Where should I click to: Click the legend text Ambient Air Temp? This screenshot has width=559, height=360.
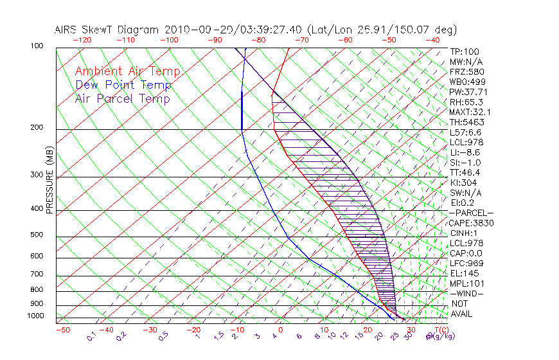click(127, 71)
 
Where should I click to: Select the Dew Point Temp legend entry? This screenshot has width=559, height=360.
click(123, 85)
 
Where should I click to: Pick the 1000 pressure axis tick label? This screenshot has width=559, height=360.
click(36, 316)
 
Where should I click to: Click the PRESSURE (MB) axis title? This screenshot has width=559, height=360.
click(49, 180)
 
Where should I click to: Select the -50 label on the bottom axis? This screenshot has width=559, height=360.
click(62, 330)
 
